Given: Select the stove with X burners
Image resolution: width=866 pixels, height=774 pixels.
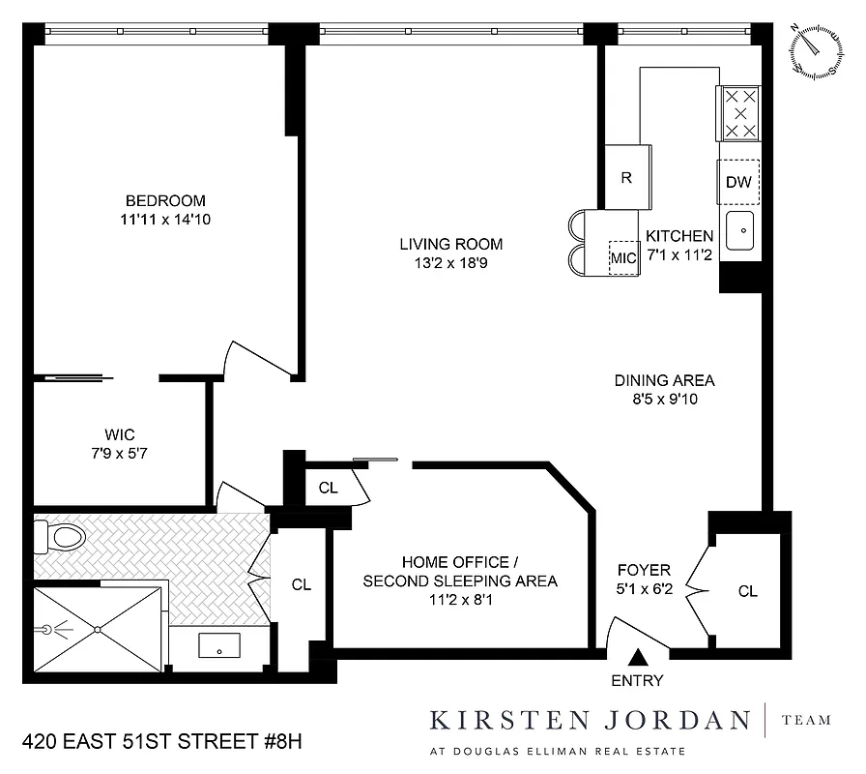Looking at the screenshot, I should pyautogui.click(x=739, y=114).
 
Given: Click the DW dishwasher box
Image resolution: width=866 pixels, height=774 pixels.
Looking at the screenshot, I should pyautogui.click(x=738, y=182).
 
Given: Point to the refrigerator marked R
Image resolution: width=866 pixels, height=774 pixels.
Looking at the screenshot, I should pyautogui.click(x=625, y=177).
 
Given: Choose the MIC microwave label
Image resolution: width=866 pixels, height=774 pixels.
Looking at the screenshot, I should pyautogui.click(x=623, y=258).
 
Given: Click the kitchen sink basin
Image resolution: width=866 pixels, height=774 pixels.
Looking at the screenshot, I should pyautogui.click(x=741, y=231).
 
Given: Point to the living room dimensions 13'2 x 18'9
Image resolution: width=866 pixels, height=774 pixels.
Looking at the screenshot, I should pyautogui.click(x=452, y=263).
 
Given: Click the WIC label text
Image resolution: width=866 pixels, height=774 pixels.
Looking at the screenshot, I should pyautogui.click(x=119, y=433).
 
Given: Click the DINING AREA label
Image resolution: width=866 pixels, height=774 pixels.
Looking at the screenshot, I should pyautogui.click(x=664, y=380).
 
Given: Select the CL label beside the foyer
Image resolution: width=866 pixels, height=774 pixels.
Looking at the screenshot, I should pyautogui.click(x=747, y=591).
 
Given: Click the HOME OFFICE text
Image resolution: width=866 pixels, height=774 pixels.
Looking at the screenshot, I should pyautogui.click(x=460, y=562).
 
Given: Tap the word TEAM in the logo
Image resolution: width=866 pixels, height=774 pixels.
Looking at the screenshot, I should pyautogui.click(x=805, y=720).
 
